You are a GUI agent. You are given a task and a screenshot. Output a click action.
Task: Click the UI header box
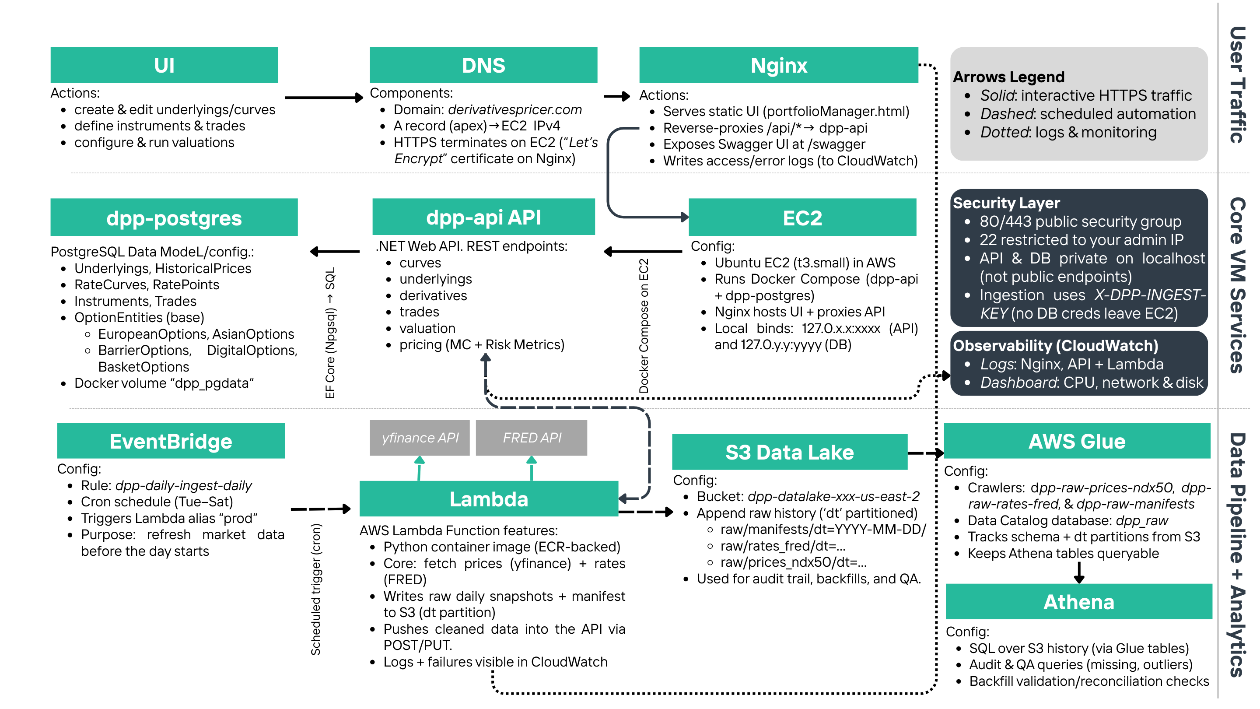click(x=164, y=65)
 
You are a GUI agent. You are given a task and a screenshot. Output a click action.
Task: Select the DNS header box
click(x=483, y=65)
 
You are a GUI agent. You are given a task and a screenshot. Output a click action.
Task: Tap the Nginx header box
click(x=778, y=65)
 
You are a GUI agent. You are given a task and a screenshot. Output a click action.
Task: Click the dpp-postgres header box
click(x=174, y=218)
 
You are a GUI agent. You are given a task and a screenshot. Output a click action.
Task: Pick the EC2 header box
click(x=802, y=218)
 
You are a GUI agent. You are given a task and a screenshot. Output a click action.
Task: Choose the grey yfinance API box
click(x=420, y=438)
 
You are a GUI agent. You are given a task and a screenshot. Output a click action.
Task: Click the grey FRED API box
click(x=532, y=438)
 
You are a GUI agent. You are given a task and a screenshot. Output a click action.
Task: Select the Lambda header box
click(x=489, y=499)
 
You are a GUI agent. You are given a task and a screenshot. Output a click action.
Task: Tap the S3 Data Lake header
click(x=789, y=452)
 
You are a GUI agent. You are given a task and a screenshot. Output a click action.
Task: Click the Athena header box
click(x=1078, y=601)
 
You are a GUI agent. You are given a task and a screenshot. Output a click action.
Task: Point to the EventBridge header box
click(x=171, y=441)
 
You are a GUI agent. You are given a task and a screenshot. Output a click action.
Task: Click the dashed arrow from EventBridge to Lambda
click(x=320, y=509)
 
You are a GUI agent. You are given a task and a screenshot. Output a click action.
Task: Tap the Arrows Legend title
click(x=1008, y=77)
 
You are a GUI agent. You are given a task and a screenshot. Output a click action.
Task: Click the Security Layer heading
click(x=1006, y=203)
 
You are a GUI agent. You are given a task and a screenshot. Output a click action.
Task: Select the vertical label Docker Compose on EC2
click(x=644, y=325)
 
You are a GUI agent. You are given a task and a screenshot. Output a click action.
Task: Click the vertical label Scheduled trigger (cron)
click(x=316, y=589)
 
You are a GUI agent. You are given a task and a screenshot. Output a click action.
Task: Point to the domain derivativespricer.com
click(x=514, y=109)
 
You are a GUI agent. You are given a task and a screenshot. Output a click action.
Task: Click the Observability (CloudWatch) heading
click(x=1056, y=345)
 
